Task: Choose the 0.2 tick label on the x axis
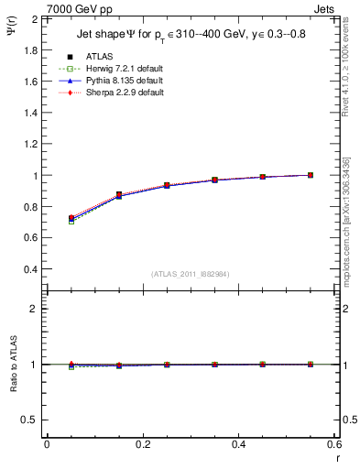pyautogui.click(x=143, y=444)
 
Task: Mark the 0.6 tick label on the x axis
pyautogui.click(x=333, y=444)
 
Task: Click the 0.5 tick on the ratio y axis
pyautogui.click(x=29, y=420)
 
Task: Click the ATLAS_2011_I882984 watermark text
pyautogui.click(x=189, y=274)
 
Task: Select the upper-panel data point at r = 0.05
pyautogui.click(x=71, y=218)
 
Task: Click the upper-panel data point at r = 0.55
pyautogui.click(x=311, y=175)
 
